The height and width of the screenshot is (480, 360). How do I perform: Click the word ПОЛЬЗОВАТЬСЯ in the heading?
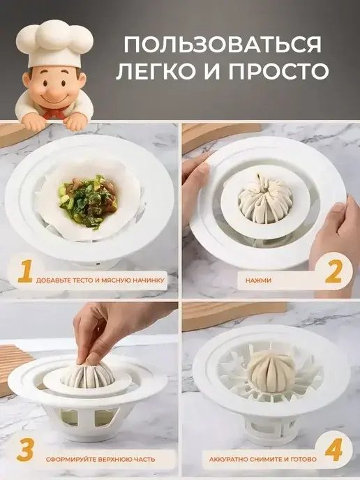(x=223, y=45)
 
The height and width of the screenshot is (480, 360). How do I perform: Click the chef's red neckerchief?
(x=55, y=112)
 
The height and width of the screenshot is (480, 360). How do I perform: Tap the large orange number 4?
(x=333, y=450)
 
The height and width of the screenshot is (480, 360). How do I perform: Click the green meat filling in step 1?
(x=88, y=201)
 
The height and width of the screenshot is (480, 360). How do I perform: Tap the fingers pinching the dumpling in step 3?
(x=90, y=352)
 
